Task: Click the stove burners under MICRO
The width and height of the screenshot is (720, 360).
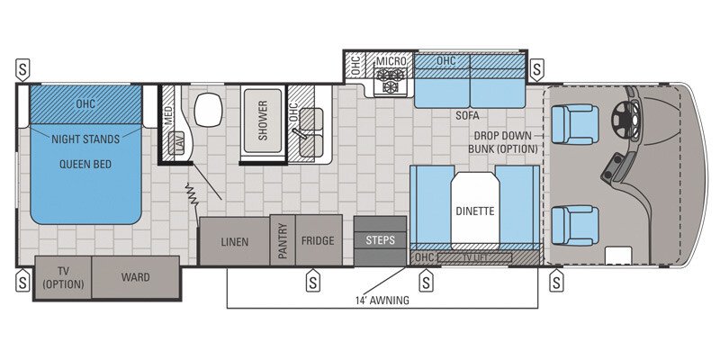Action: click(392, 85)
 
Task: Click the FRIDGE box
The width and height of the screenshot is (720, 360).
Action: click(318, 241)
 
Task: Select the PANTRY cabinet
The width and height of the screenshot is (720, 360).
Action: click(283, 241)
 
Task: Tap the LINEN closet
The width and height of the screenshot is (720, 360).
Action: click(235, 241)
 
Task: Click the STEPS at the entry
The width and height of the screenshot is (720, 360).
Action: click(380, 239)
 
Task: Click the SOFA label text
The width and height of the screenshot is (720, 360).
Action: click(467, 116)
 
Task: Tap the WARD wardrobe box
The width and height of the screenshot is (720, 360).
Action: click(135, 276)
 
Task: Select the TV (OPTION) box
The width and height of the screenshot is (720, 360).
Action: click(63, 277)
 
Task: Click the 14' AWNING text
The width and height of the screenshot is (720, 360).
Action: click(381, 301)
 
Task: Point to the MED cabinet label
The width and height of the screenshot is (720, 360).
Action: click(169, 112)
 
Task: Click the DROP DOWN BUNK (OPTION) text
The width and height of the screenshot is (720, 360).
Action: click(507, 141)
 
